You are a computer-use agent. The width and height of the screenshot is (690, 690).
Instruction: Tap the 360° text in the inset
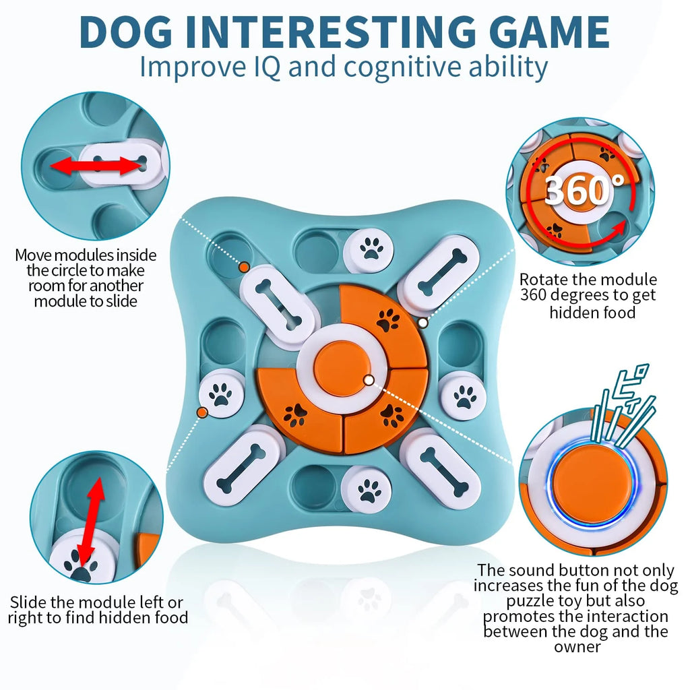click(576, 191)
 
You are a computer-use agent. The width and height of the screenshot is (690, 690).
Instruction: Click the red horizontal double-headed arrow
click(96, 166)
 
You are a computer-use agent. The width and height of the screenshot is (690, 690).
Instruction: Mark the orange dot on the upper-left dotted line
click(244, 268)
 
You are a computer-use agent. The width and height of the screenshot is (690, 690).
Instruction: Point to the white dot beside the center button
click(369, 381)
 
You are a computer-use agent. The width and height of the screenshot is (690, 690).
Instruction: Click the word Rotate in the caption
click(546, 279)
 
